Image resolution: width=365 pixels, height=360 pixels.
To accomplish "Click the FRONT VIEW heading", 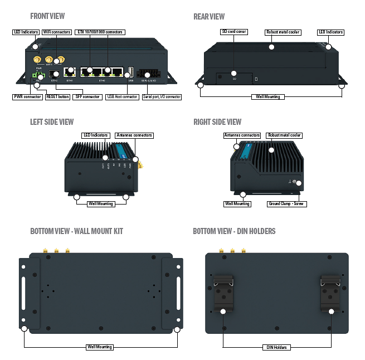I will click(x=48, y=16).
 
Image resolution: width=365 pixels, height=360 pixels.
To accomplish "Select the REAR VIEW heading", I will click(x=209, y=16).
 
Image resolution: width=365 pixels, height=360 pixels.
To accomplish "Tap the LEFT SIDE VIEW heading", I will click(x=52, y=121).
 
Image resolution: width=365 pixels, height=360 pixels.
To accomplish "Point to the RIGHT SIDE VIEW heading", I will click(x=217, y=121).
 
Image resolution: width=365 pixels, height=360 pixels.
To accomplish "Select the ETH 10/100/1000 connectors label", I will click(x=100, y=32).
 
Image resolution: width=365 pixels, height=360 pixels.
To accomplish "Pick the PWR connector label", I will click(x=27, y=96).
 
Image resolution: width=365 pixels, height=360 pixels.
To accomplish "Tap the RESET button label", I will click(x=58, y=96).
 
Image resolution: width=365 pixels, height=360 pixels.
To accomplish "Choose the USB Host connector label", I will click(x=122, y=96).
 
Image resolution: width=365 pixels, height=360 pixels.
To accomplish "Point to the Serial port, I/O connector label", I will click(x=162, y=96).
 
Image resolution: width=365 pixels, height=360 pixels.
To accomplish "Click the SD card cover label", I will click(x=234, y=32).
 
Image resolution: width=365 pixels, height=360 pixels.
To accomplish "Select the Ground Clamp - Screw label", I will click(x=286, y=204).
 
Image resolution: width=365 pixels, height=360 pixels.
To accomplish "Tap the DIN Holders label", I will click(x=276, y=347).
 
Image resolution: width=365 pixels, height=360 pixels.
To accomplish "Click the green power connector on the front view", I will click(x=37, y=75).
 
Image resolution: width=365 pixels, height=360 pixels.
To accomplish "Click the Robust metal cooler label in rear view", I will click(x=284, y=32).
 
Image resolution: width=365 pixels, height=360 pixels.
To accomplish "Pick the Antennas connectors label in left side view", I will click(x=134, y=135).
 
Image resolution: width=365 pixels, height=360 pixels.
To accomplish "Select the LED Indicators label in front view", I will click(x=25, y=32).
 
